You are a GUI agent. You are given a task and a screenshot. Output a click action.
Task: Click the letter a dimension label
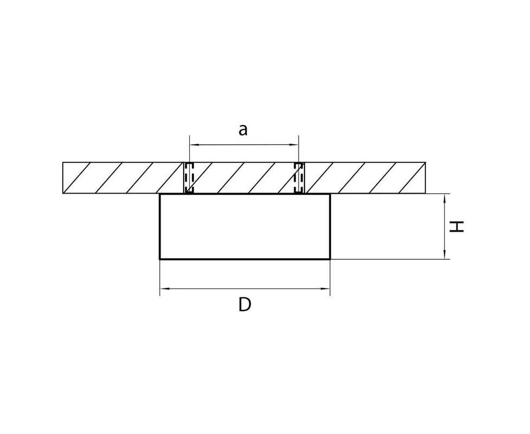point(243,130)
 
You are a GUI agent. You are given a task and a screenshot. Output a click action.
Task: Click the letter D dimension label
point(245,304)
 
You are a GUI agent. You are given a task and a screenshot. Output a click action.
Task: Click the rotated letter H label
point(456,227)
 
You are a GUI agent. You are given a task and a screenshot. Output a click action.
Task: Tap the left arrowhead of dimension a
point(193,145)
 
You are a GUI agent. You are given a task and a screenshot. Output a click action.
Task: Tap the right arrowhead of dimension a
point(295,145)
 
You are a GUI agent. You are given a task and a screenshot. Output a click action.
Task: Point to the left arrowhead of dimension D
point(164,289)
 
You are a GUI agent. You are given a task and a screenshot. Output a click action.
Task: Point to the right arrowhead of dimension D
point(326,289)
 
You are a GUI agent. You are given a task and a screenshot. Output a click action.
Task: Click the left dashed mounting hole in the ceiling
point(189,178)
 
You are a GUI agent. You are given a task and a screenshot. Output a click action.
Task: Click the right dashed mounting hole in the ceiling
point(299,178)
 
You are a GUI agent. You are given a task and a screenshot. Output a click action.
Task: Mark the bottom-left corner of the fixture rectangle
point(160,259)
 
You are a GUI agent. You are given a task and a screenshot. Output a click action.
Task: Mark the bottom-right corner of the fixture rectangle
point(330,259)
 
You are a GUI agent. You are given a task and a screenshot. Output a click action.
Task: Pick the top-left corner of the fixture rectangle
point(160,194)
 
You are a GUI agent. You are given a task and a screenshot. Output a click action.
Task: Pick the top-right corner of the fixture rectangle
point(330,194)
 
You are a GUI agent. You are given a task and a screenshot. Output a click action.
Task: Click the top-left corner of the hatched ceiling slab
point(63,162)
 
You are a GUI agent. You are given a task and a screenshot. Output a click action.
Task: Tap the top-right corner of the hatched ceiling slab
point(425,162)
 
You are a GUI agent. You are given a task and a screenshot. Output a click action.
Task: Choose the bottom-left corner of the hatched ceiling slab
point(63,194)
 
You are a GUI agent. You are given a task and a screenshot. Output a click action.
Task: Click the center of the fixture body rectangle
point(245,227)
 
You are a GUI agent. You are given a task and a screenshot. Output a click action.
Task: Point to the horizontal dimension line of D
point(245,289)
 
